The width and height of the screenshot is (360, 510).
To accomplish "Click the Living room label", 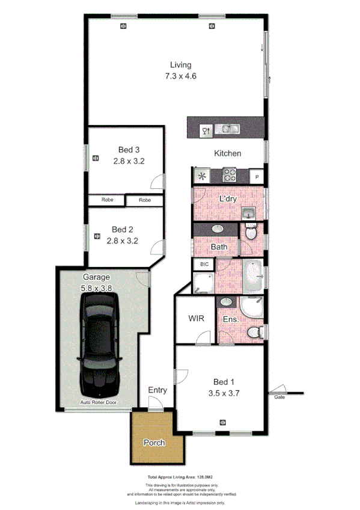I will pyautogui.click(x=180, y=65).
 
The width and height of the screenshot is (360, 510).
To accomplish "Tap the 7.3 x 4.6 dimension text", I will pyautogui.click(x=180, y=76).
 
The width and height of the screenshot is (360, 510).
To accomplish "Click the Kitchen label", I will pyautogui.click(x=228, y=153).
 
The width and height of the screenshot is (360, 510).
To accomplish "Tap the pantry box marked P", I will pyautogui.click(x=257, y=177).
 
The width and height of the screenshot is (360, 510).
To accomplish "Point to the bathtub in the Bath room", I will pyautogui.click(x=254, y=275).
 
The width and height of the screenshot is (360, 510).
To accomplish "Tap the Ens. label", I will pyautogui.click(x=231, y=319).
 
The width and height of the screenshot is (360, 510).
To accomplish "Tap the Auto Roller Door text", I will pyautogui.click(x=98, y=402).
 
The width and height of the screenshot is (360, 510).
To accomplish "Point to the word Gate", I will pyautogui.click(x=279, y=398).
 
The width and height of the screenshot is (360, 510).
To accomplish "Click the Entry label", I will pyautogui.click(x=157, y=390).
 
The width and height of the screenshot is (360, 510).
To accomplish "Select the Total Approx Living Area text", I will pyautogui.click(x=180, y=476).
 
